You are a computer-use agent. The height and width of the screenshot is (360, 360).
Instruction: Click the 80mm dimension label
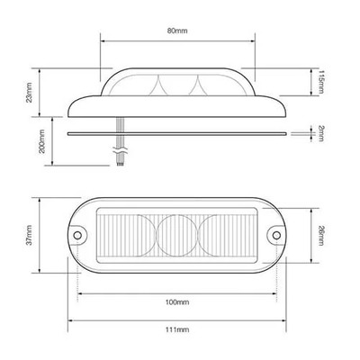177,31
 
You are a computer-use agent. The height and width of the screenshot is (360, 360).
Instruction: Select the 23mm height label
29,93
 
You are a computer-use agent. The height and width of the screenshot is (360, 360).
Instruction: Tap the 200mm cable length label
41,141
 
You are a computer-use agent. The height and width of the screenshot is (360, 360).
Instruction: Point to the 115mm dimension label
321,82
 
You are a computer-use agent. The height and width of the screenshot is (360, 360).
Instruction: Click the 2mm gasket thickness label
321,133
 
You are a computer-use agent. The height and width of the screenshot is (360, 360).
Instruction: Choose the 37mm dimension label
29,235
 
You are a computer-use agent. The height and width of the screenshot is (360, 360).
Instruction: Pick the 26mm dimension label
321,236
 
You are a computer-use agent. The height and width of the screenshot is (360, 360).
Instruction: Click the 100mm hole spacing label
177,302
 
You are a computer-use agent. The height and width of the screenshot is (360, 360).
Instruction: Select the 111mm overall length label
177,329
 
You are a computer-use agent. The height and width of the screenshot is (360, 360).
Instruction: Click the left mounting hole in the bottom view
77,235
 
